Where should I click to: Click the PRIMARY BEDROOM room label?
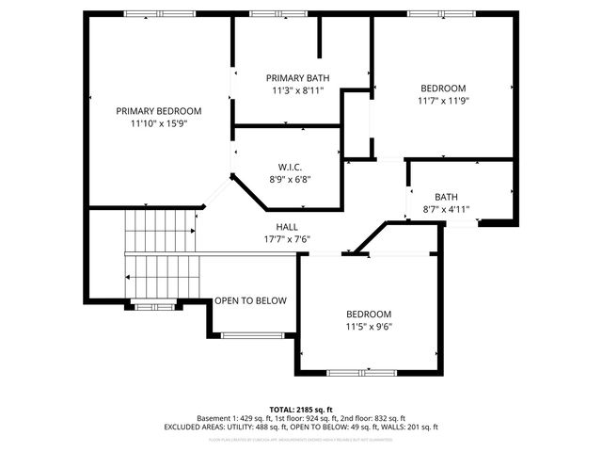159,110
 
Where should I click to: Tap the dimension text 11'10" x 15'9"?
159,122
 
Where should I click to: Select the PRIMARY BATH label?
297,78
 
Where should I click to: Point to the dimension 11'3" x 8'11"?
297,90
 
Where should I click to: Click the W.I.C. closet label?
289,167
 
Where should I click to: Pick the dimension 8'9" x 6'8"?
289,179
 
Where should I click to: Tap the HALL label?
287,227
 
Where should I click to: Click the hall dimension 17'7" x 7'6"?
287,239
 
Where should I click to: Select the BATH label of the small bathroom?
446,197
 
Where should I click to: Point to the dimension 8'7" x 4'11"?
446,209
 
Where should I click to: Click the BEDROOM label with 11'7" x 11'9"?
442,88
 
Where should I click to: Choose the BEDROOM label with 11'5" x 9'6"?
369,314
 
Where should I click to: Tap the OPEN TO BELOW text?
250,300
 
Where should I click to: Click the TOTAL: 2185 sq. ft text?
300,409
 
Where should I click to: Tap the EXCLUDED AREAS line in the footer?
300,427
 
